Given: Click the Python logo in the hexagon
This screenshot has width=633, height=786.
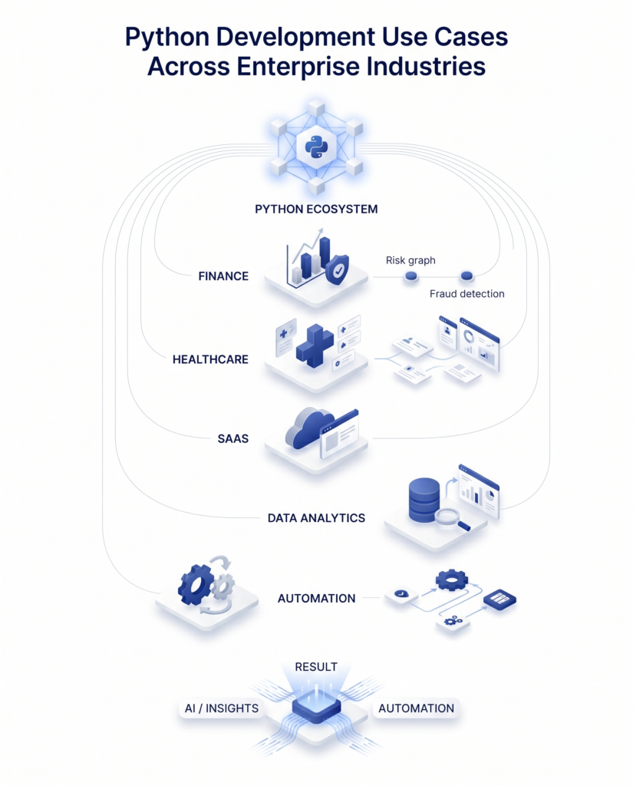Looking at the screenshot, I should tap(316, 145).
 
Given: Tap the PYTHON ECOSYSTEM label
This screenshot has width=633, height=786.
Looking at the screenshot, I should tap(316, 209).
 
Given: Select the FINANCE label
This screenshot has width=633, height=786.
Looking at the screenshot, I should tap(223, 276).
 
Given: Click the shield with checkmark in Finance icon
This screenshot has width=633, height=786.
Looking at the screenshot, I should tap(337, 271).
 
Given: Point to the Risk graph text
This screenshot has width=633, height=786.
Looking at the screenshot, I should tap(410, 260).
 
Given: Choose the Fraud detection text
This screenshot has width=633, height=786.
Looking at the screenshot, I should tap(467, 294).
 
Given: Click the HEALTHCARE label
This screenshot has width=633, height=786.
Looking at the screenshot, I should tap(210, 359).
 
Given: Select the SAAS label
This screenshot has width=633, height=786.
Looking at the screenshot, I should tap(232, 440).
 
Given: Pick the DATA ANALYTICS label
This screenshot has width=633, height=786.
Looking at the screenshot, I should tap(316, 518).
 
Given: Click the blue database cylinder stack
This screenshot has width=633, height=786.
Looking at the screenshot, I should tap(424, 499).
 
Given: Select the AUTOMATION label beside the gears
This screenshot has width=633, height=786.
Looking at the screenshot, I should tap(316, 598).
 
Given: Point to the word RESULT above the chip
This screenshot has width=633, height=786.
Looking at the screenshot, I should tap(316, 667).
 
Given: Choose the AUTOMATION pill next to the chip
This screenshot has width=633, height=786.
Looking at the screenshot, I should tap(415, 708).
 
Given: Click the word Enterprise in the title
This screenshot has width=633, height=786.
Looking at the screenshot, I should tap(298, 65).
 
